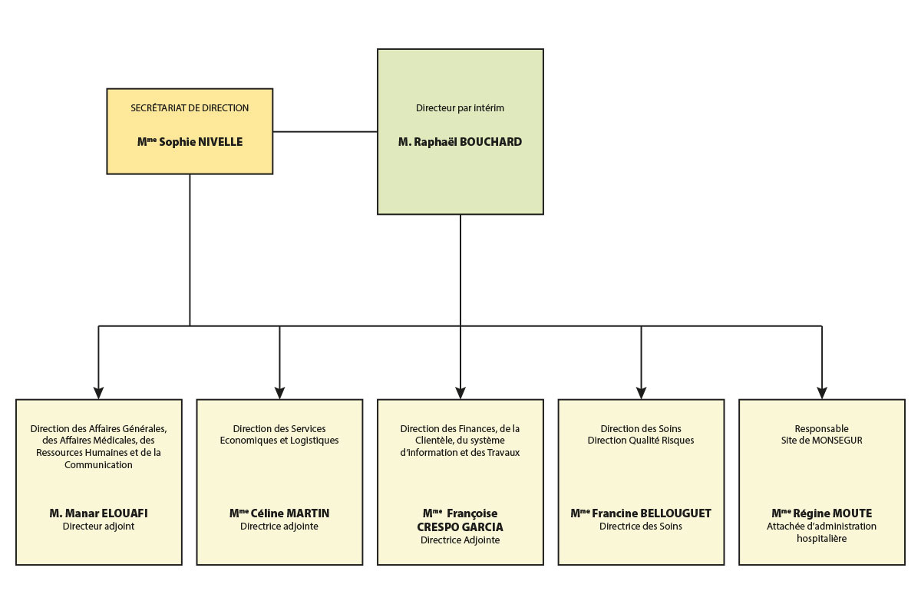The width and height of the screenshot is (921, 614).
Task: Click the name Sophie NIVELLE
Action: [x=200, y=142]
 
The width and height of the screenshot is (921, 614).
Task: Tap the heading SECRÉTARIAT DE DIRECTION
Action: [x=190, y=107]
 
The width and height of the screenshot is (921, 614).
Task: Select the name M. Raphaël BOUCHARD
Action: [x=460, y=142]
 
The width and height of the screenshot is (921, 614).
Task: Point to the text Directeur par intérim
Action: [x=460, y=107]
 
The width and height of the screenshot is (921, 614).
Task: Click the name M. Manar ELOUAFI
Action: [x=99, y=513]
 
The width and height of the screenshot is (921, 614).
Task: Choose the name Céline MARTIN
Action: [x=290, y=513]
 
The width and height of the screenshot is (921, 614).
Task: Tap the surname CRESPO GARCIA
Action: [x=460, y=527]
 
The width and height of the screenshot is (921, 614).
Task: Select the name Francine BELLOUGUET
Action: [x=652, y=513]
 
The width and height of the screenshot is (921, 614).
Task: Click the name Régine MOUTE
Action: [x=832, y=513]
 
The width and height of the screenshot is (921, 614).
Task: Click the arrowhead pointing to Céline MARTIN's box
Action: [x=279, y=393]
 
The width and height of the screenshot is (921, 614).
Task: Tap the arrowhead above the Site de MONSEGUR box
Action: [x=822, y=393]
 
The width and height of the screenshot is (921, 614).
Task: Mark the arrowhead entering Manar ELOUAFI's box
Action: [x=99, y=393]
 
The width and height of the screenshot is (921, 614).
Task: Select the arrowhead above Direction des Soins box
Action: [x=641, y=393]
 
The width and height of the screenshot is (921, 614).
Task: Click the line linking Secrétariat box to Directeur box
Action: [x=325, y=132]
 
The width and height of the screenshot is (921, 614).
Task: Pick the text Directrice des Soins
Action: [x=641, y=526]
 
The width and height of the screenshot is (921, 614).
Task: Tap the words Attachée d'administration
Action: [x=821, y=526]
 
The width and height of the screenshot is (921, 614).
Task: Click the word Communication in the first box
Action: [x=99, y=464]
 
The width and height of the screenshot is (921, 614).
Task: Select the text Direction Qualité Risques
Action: [x=641, y=440]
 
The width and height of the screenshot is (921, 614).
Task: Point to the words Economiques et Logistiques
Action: [x=279, y=441]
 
